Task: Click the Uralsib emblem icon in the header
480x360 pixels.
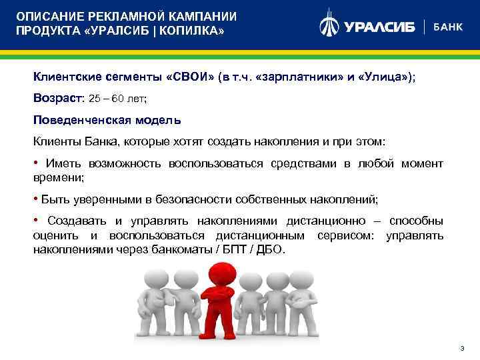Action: pyautogui.click(x=329, y=26)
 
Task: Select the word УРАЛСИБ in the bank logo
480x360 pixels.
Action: pyautogui.click(x=379, y=27)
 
